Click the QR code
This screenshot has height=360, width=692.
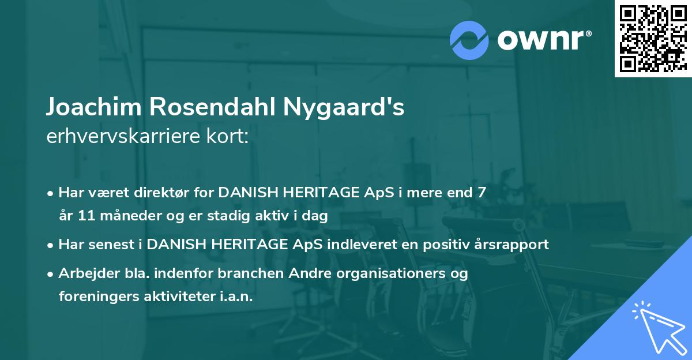[x=653, y=39]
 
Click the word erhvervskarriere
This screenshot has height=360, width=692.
[x=123, y=137]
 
